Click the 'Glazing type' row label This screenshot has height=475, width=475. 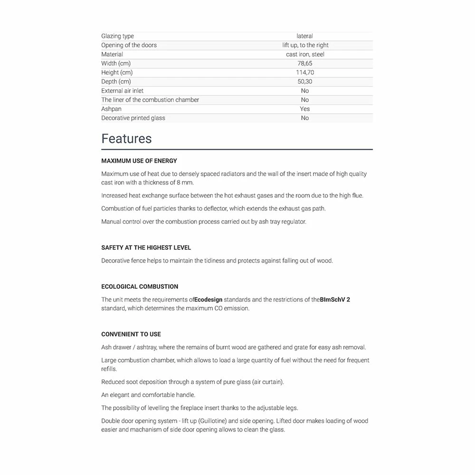[x=117, y=36]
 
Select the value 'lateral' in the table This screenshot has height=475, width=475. [x=305, y=36]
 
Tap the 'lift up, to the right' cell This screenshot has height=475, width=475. [x=305, y=45]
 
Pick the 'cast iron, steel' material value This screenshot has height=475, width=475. [x=305, y=54]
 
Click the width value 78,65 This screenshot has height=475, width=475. [x=305, y=63]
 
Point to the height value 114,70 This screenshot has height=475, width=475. [x=305, y=72]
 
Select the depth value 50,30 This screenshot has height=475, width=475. [x=305, y=81]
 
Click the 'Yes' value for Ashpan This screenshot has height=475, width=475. [x=305, y=109]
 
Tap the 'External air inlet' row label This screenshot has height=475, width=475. [x=122, y=91]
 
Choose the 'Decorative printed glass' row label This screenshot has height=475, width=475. [x=133, y=118]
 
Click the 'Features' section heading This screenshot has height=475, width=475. [x=126, y=139]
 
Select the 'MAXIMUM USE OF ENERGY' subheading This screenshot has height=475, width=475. [x=139, y=161]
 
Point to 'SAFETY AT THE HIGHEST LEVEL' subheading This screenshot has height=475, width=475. [x=146, y=247]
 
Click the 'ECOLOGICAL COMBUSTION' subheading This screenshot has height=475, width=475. [x=140, y=286]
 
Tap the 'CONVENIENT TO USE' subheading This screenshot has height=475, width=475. [x=131, y=334]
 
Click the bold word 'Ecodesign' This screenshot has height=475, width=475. [x=208, y=300]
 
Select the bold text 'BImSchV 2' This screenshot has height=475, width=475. [x=335, y=300]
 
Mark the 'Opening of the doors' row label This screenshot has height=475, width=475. [x=129, y=45]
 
